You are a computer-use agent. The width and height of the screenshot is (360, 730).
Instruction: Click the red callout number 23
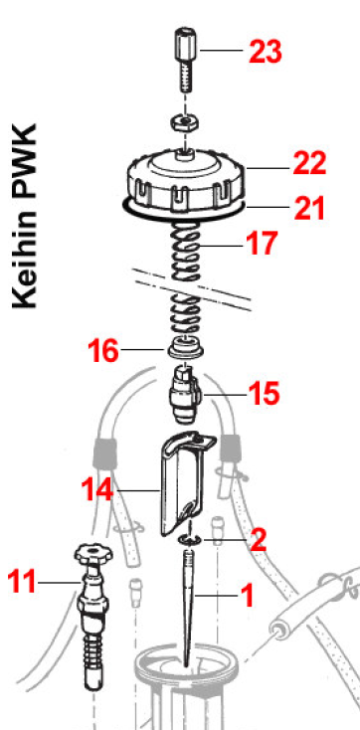point(265,52)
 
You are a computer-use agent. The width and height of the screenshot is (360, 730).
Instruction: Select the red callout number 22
point(309,164)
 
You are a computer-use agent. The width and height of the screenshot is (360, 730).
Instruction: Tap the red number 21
point(308,208)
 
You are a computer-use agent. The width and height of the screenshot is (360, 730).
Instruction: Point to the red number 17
point(263,243)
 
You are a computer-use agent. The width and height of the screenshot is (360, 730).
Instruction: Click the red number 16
point(103,350)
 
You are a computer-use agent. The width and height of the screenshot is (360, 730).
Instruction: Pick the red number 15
point(265,394)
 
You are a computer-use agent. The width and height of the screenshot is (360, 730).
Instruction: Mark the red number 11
point(22,582)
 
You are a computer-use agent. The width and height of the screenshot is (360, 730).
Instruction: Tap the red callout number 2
point(258,540)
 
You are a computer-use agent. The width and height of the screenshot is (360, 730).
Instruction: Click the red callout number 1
point(247,597)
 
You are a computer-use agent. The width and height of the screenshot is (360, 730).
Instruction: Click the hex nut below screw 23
point(186,123)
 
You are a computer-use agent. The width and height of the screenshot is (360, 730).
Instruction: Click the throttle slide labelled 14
point(186,484)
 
